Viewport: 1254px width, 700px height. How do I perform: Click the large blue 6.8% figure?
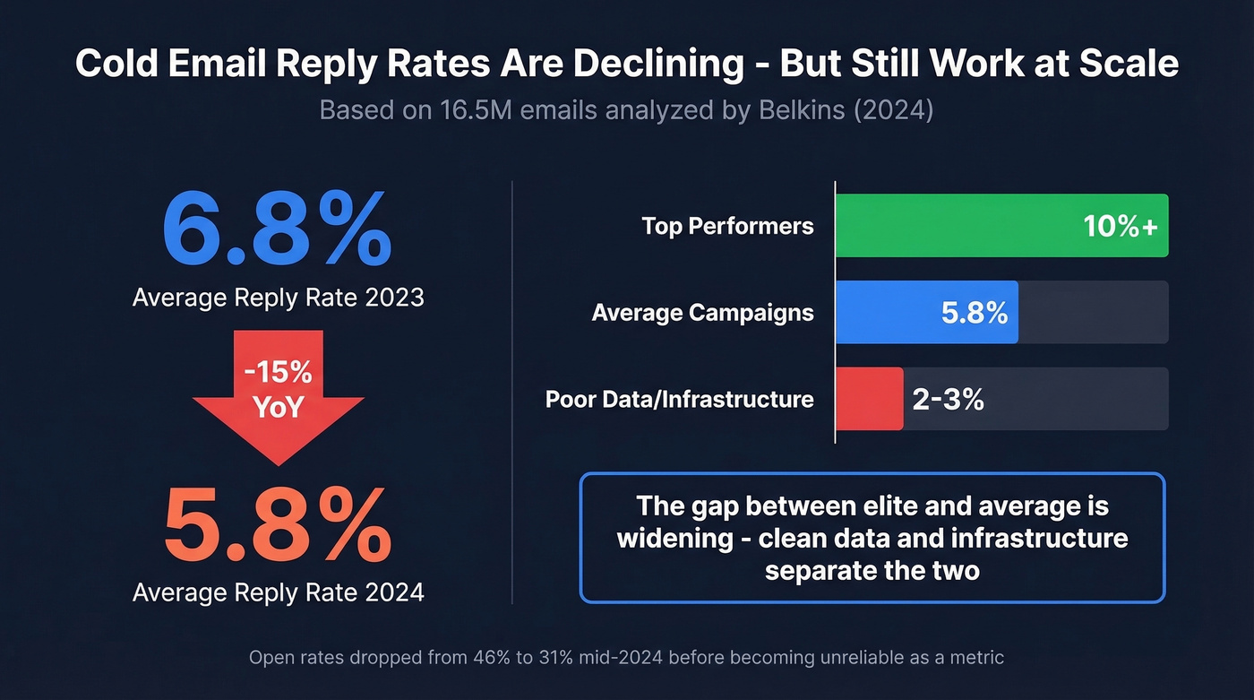[277, 229]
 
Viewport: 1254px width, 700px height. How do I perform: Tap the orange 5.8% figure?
[277, 524]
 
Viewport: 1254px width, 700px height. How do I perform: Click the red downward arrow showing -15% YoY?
[278, 394]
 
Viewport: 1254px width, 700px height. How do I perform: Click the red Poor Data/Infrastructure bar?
[869, 399]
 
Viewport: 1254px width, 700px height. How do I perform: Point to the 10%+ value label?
[1120, 226]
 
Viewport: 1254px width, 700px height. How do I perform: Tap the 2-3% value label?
[948, 399]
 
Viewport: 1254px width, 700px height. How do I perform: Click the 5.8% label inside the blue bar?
[974, 312]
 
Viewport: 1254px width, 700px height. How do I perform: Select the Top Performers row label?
[727, 226]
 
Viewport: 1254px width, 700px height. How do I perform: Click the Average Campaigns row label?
[702, 313]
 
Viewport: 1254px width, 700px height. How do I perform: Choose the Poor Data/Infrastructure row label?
[679, 399]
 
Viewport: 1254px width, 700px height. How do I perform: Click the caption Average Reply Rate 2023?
[278, 297]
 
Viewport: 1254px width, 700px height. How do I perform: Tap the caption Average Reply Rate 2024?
[278, 592]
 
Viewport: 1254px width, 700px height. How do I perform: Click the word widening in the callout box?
[683, 539]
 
